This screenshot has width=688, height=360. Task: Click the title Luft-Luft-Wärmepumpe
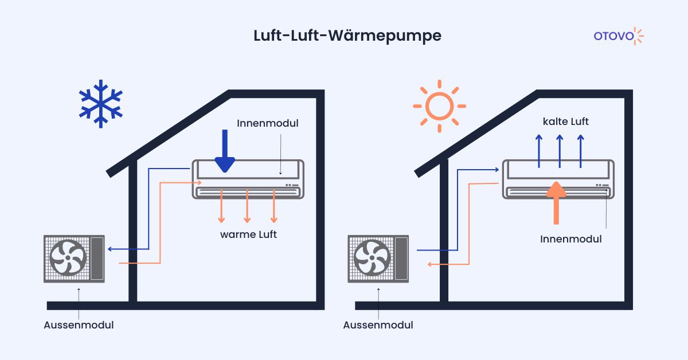pos(347,36)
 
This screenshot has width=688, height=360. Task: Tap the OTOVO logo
pos(619,36)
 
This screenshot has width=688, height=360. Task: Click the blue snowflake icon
pos(101,103)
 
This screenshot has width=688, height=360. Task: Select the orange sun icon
pos(439,106)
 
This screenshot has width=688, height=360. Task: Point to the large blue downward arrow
pos(225,151)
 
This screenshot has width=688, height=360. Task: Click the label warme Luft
pos(248,234)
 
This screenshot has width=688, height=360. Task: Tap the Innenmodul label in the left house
pos(267,123)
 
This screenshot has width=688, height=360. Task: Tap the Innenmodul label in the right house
pos(571,239)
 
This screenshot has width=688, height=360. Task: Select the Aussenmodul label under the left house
pos(79,325)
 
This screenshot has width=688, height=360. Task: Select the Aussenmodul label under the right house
pos(378,325)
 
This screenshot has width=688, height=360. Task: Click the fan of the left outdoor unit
pos(68,259)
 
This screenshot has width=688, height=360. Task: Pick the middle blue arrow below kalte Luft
pos(560,151)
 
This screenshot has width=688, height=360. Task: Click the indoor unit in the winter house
pos(248,179)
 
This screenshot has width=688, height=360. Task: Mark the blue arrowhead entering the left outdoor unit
pos(110,249)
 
